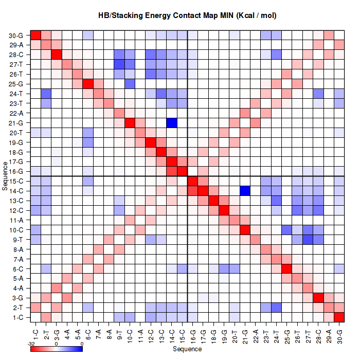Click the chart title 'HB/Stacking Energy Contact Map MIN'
click(x=187, y=15)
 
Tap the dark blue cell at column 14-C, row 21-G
click(x=172, y=122)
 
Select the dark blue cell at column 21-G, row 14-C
click(x=245, y=191)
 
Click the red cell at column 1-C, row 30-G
click(x=36, y=35)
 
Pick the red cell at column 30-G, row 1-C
click(x=339, y=317)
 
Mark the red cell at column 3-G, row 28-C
click(x=57, y=55)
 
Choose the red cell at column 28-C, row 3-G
click(x=318, y=298)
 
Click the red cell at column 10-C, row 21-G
click(x=130, y=122)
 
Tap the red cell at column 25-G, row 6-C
click(x=286, y=268)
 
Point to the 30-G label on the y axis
click(x=16, y=35)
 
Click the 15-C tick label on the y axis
click(x=16, y=181)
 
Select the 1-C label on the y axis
click(x=17, y=317)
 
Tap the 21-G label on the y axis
click(x=16, y=123)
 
